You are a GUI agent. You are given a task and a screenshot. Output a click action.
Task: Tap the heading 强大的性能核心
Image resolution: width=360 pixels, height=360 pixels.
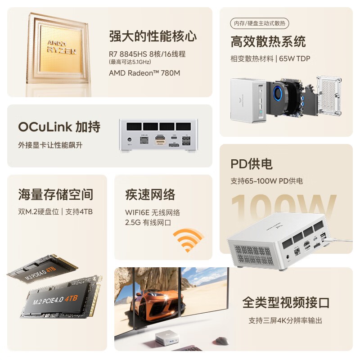coord(153,36)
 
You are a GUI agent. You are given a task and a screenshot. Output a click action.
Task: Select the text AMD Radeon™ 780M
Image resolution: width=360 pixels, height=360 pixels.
coord(144,72)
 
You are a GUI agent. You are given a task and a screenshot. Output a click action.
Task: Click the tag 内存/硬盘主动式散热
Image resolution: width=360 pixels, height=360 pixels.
coord(259,23)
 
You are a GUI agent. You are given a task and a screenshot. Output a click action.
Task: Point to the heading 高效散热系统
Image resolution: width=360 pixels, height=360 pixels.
coord(268,42)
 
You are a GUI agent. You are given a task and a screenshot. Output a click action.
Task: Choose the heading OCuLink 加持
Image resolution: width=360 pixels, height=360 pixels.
coord(59,127)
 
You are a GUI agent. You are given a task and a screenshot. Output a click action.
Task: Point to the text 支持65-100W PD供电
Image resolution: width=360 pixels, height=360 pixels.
coord(266,181)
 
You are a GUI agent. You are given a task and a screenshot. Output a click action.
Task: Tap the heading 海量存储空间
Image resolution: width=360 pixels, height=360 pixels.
coord(56,194)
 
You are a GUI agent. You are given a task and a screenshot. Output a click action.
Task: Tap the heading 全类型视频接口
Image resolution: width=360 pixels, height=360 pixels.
coord(286,302)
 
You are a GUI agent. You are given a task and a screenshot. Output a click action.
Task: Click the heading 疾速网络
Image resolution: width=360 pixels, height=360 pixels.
coord(150,194)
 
